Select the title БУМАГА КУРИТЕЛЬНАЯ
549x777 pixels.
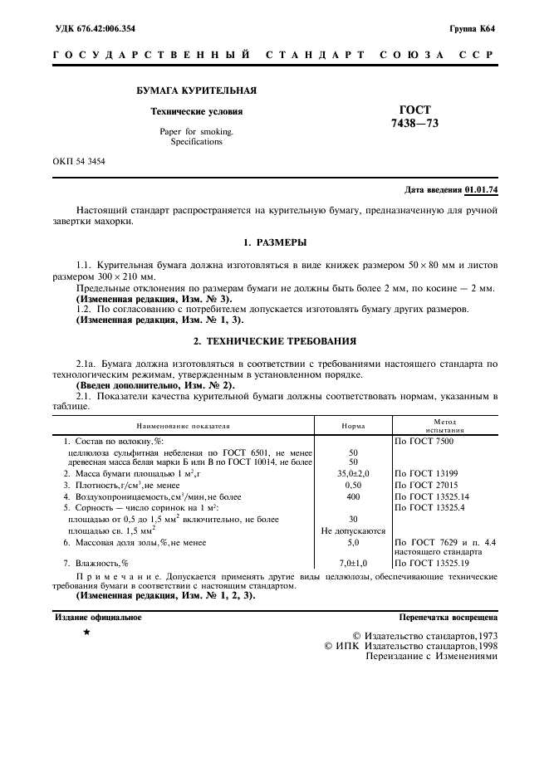tap(196, 90)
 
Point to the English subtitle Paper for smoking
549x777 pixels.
tap(197, 131)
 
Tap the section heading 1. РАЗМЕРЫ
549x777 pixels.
tap(274, 242)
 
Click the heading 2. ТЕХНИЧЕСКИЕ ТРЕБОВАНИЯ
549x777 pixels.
tap(274, 340)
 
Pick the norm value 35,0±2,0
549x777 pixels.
tap(353, 473)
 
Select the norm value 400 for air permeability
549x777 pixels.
tap(353, 496)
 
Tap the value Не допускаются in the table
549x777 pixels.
tap(353, 530)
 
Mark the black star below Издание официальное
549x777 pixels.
tap(86, 633)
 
